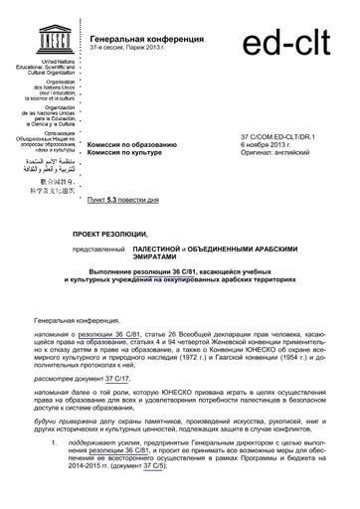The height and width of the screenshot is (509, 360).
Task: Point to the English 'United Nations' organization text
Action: (47, 61)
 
